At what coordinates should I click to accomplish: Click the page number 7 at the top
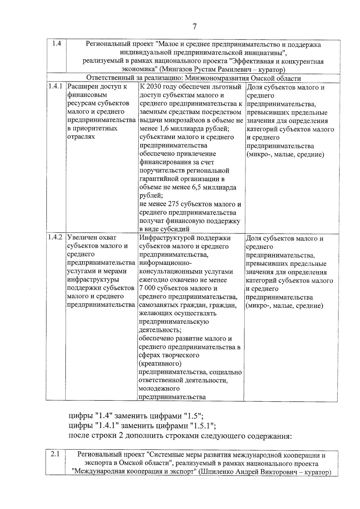(x=194, y=27)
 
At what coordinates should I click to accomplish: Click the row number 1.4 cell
(x=56, y=44)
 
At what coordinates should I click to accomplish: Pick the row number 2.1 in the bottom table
(x=55, y=454)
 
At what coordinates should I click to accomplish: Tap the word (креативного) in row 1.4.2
(x=160, y=364)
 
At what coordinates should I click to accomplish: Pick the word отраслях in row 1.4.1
(x=81, y=137)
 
